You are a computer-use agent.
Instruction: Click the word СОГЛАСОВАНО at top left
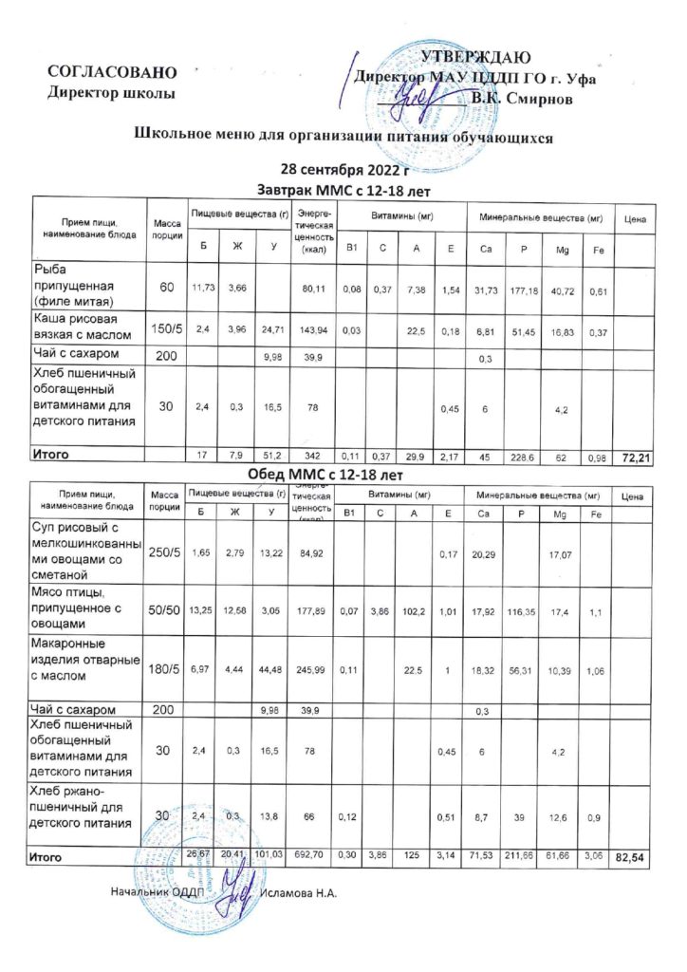[x=112, y=73]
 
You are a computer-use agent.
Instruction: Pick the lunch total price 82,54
[x=630, y=857]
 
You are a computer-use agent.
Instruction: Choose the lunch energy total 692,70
[x=309, y=856]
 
